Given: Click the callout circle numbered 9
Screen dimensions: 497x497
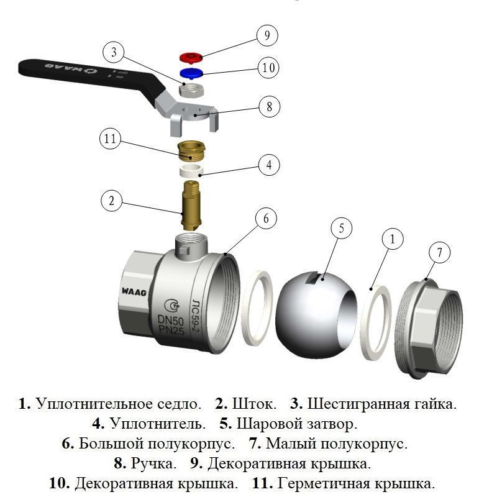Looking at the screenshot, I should pyautogui.click(x=267, y=36).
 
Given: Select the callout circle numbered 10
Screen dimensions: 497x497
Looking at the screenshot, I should pyautogui.click(x=268, y=68).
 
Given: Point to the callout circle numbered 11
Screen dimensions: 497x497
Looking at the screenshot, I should pyautogui.click(x=110, y=140).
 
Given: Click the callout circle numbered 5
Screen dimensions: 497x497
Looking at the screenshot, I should pyautogui.click(x=341, y=229).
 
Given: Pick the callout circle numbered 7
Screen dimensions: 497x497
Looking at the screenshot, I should pyautogui.click(x=439, y=253).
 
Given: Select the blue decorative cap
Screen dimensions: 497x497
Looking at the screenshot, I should pyautogui.click(x=190, y=75).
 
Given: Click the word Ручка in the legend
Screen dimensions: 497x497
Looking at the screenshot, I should pyautogui.click(x=153, y=463).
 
